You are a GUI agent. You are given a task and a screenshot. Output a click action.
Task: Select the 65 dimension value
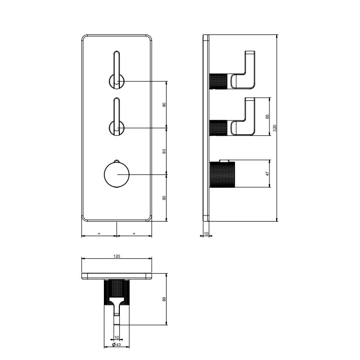click(x=267, y=117)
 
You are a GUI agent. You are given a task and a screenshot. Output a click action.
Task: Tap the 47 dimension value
click(x=267, y=174)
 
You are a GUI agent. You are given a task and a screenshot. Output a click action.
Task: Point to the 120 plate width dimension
click(x=117, y=256)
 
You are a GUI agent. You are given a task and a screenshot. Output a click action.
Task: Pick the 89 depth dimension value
click(x=164, y=299)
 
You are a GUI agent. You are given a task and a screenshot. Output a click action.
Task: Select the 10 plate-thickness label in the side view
click(x=206, y=233)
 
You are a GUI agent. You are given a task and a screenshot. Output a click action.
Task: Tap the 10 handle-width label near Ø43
click(x=116, y=337)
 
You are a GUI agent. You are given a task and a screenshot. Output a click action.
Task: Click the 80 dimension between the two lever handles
click(x=164, y=104)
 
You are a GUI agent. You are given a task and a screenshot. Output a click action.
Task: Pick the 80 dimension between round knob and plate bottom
click(x=164, y=197)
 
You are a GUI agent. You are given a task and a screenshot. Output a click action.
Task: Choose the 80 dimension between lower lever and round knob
click(x=164, y=151)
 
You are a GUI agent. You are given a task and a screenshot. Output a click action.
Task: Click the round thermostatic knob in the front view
click(x=116, y=174)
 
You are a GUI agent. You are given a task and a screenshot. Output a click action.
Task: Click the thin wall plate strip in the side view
click(x=206, y=129)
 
